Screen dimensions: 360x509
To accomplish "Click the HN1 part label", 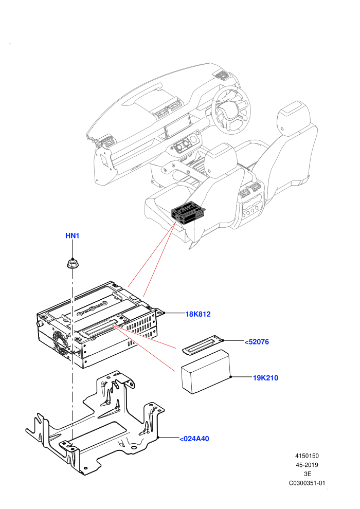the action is pos(72,235).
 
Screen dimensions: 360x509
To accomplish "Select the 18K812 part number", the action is pos(198,314).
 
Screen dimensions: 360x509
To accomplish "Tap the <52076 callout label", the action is pos(257,342).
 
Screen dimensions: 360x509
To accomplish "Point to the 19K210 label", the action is pos(265,378).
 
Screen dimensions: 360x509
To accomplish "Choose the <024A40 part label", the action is pos(194,439).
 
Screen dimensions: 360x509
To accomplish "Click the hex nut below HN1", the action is pos(72,263).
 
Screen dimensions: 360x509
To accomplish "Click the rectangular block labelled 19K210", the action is pos(206,372).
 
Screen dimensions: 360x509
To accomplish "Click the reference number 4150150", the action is pos(307,456).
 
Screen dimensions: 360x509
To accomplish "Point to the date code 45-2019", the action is pos(307,465).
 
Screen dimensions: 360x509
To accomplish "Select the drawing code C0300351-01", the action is pos(307,483).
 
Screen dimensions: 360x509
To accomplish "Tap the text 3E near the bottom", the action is pos(308,474).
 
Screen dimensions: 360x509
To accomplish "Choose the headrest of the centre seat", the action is pos(221,156).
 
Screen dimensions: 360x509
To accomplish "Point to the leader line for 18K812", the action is pos(174,313).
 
